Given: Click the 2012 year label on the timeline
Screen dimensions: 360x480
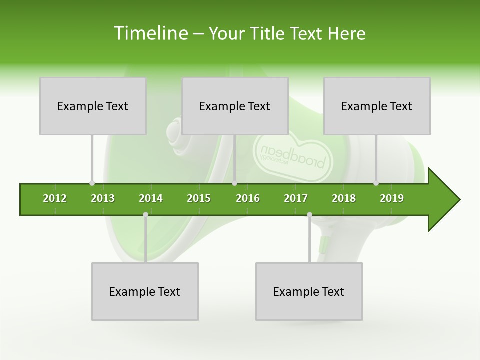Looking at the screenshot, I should pyautogui.click(x=55, y=198).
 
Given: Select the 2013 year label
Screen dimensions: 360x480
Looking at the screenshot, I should pyautogui.click(x=103, y=198).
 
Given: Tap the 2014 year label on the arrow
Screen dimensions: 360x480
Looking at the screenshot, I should pyautogui.click(x=151, y=198).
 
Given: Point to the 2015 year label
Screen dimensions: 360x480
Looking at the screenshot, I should pyautogui.click(x=199, y=198).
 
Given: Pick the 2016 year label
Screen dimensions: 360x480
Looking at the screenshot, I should pyautogui.click(x=248, y=198).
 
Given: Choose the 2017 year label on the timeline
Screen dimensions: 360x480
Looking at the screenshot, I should pyautogui.click(x=296, y=198).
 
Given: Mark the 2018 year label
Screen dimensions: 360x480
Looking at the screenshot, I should pyautogui.click(x=344, y=198).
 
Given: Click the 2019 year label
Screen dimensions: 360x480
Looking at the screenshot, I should pyautogui.click(x=392, y=198).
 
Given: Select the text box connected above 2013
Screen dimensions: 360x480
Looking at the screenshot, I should pyautogui.click(x=93, y=106).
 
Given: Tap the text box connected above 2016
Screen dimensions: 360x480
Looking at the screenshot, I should pyautogui.click(x=235, y=106).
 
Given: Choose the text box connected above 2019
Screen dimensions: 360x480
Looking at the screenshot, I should pyautogui.click(x=377, y=106).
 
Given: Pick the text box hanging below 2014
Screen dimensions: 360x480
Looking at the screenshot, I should pyautogui.click(x=145, y=291).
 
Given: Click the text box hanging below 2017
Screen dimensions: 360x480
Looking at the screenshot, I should pyautogui.click(x=309, y=291).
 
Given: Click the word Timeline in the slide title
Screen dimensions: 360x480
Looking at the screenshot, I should pyautogui.click(x=150, y=33).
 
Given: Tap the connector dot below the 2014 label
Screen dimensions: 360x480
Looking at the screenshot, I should pyautogui.click(x=145, y=215).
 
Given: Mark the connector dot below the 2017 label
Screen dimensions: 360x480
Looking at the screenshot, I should pyautogui.click(x=309, y=215).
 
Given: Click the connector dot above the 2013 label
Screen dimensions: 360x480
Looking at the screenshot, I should pyautogui.click(x=92, y=183).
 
